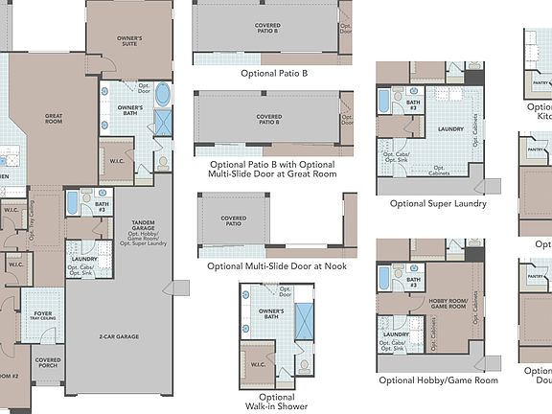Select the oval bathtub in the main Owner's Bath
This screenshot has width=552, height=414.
[x=163, y=95]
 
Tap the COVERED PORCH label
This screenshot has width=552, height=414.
[x=48, y=365]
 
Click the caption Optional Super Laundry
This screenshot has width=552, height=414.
[x=438, y=203]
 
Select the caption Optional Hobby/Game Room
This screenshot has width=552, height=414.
[x=438, y=380]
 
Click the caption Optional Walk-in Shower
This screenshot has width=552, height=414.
[x=277, y=402]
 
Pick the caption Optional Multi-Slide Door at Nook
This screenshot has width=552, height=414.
[x=277, y=265]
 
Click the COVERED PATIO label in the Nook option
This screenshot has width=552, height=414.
[x=234, y=220]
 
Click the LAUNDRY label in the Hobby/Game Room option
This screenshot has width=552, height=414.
[x=395, y=334]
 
